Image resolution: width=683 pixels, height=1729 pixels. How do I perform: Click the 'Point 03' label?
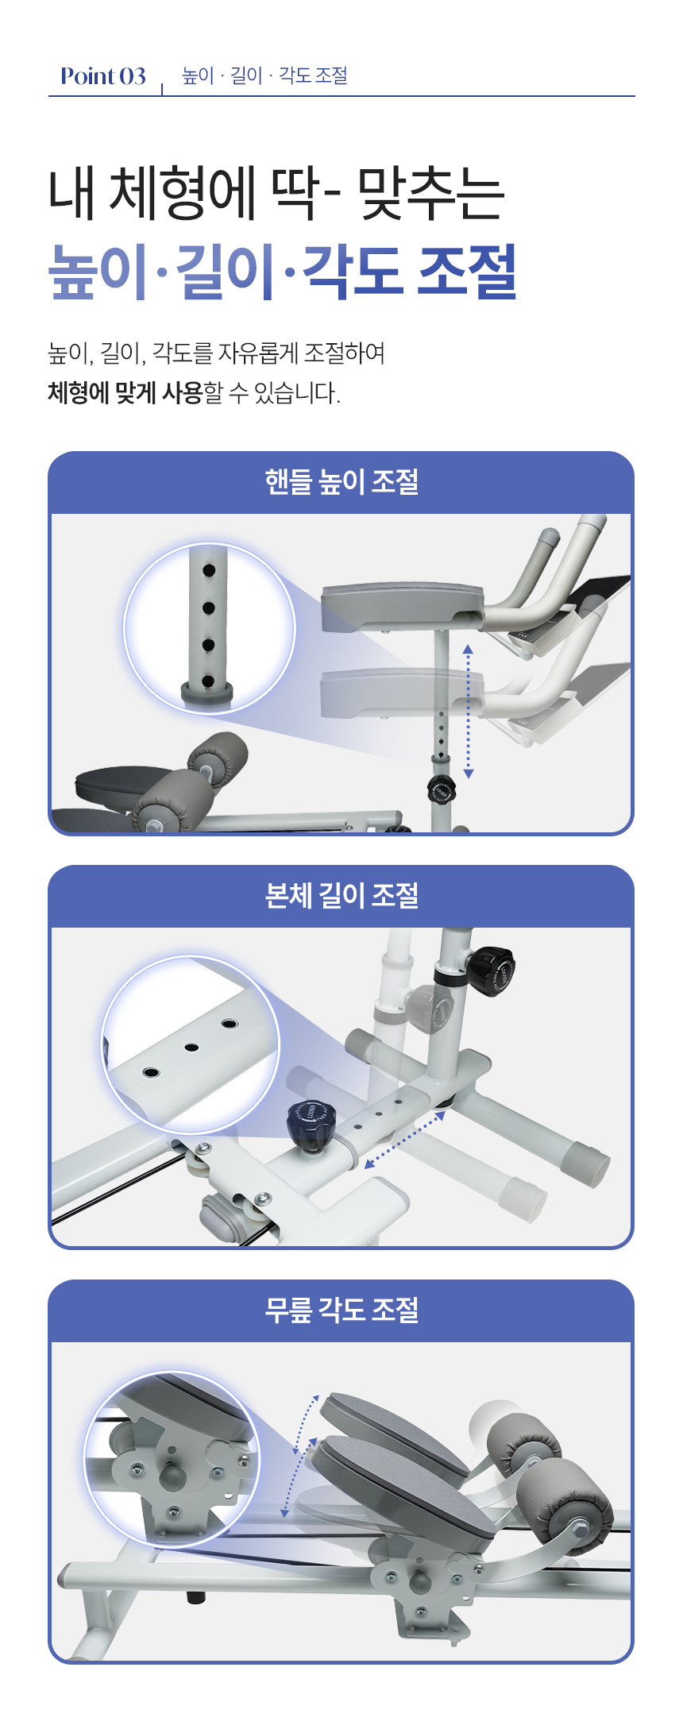point(103,76)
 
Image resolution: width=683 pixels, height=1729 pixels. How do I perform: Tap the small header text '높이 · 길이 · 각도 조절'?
point(265,75)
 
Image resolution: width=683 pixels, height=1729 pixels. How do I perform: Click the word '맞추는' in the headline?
point(431,194)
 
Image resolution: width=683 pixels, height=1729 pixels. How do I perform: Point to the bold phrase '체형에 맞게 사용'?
point(125,392)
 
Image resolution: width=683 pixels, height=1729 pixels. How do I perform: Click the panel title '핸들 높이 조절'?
point(341,481)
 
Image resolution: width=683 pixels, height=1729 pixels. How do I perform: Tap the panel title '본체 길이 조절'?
point(341,895)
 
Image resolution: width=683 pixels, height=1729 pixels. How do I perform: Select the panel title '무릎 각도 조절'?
point(341,1310)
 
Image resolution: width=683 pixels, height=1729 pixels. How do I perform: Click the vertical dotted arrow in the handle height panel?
point(469,712)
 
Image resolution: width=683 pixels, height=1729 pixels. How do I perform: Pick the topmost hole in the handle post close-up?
point(209,570)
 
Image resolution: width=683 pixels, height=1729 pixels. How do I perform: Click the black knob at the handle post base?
point(441,790)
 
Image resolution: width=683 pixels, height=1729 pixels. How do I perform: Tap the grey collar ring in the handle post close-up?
point(207,692)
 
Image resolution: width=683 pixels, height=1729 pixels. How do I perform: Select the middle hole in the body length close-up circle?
point(191,1048)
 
